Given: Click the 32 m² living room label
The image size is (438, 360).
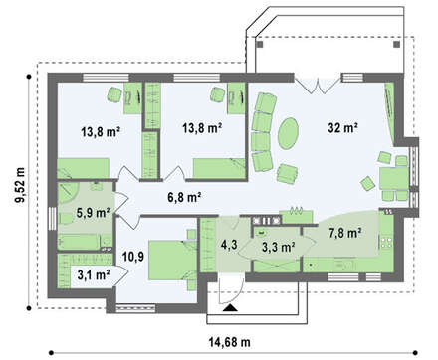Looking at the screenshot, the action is coord(342,127).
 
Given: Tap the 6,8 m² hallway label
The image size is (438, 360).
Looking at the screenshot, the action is coord(184,197).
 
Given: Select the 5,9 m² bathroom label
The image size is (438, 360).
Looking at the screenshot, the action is coord(93,213).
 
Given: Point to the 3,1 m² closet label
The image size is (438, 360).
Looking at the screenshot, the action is coord(94,274).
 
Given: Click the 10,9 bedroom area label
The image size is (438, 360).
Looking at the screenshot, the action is coord(133,256).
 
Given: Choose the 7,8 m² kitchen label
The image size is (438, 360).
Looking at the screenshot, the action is coord(345,233).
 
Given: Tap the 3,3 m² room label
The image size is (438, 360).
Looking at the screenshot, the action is coord(279,247).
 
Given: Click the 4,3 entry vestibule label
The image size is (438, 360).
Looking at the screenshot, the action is coord(229,245).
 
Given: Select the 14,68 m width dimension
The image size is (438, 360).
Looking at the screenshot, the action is coord(229,342).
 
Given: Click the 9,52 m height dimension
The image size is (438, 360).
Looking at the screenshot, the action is coord(20,185).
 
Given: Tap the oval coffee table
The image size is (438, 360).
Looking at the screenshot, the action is coord(288,133).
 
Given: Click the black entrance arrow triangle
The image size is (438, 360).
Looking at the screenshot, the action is coord(230,308).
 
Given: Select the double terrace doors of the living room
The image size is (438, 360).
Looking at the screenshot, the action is coord(318,85).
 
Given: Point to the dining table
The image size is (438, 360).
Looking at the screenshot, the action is coord(394,178).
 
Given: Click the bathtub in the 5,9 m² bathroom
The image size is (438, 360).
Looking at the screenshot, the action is coord(79,242).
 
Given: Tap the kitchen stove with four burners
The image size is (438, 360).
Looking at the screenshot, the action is coord(386,242).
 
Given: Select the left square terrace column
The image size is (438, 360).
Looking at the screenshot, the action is coord(260,45).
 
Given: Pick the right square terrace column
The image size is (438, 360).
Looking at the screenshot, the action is coord(396,45).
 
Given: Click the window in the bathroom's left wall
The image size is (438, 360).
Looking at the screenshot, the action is coord(52,219).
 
